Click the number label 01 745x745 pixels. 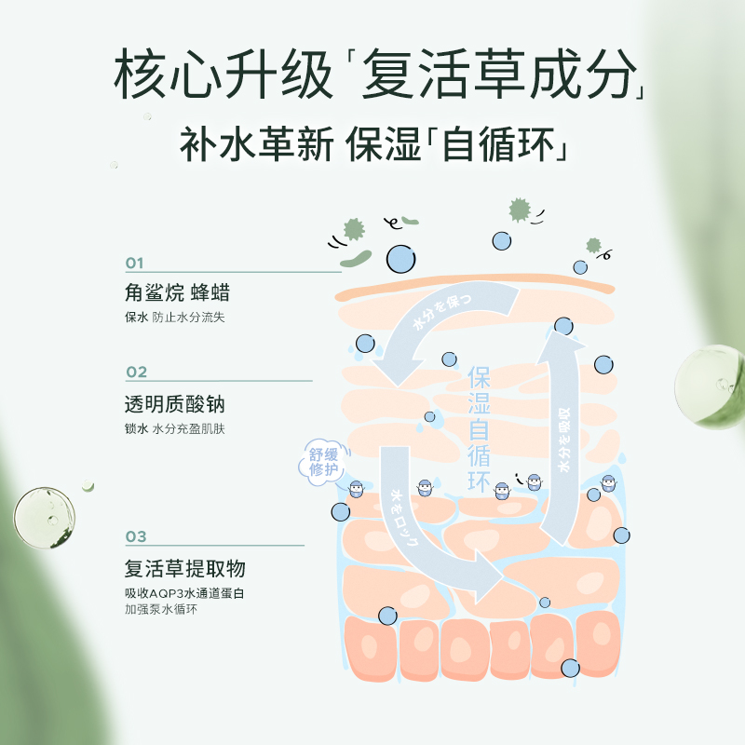click(135, 263)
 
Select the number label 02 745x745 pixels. click(136, 372)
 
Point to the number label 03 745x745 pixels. click(136, 536)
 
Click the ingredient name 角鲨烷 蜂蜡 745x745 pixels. click(176, 293)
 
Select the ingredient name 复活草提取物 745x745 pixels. click(184, 569)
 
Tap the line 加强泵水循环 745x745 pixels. click(161, 610)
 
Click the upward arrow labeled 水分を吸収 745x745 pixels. click(564, 438)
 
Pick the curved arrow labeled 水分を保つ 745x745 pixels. click(438, 326)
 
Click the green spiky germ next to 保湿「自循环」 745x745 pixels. click(519, 210)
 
